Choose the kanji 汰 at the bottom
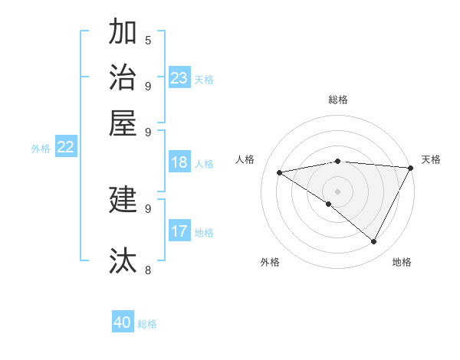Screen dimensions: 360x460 point(123,260)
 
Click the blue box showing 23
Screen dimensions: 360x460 point(179,78)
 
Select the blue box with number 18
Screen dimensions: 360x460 point(179,162)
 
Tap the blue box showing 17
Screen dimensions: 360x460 point(179,231)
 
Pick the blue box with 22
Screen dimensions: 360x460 point(65,148)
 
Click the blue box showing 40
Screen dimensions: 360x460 point(123,322)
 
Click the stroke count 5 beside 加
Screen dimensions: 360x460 point(147,41)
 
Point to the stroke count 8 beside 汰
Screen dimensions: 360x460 point(147,270)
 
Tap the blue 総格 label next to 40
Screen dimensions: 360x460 point(147,324)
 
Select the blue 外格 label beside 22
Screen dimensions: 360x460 point(41,149)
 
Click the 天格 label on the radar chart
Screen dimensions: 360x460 point(431,159)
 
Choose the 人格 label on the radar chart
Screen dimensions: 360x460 point(245,159)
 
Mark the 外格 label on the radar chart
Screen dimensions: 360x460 point(270,262)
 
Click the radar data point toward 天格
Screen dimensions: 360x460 point(410,168)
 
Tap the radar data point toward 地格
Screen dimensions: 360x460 point(374,242)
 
